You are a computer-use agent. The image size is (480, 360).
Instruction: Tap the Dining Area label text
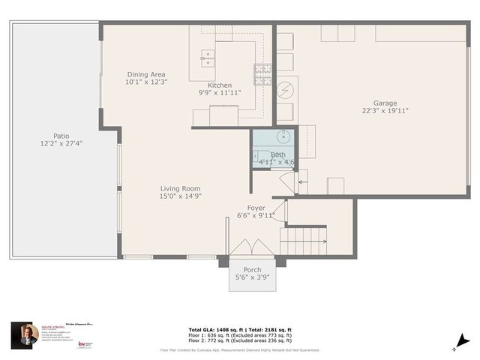(x=146, y=74)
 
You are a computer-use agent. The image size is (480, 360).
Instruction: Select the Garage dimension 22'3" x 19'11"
(x=385, y=111)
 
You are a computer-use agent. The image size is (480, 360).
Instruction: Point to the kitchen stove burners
(x=263, y=73)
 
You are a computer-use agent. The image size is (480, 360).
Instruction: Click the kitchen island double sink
(x=208, y=58)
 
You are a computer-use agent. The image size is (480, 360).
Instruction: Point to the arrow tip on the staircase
(x=324, y=241)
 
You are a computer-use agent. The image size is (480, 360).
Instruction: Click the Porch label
(x=252, y=269)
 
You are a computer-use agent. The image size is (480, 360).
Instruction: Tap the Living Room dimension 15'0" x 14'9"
(x=181, y=196)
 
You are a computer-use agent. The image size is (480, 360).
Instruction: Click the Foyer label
(x=256, y=208)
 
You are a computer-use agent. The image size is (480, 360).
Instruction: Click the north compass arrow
(x=466, y=341)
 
